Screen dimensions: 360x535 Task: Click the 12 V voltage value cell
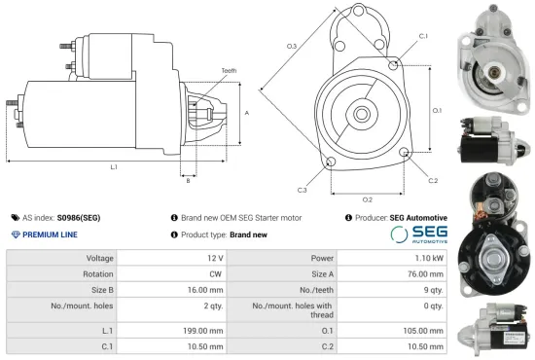pos(213,259)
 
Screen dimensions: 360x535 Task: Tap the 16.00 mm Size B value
pos(208,289)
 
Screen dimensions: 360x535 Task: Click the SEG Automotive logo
pos(418,234)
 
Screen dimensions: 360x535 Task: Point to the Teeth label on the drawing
pos(229,71)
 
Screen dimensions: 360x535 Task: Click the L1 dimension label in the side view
pos(114,167)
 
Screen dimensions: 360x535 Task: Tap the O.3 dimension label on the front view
pos(292,47)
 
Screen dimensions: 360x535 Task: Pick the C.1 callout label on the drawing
pos(423,35)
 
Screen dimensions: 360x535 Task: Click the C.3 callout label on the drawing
pos(303,189)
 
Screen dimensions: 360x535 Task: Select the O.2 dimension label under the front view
pos(367,172)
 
